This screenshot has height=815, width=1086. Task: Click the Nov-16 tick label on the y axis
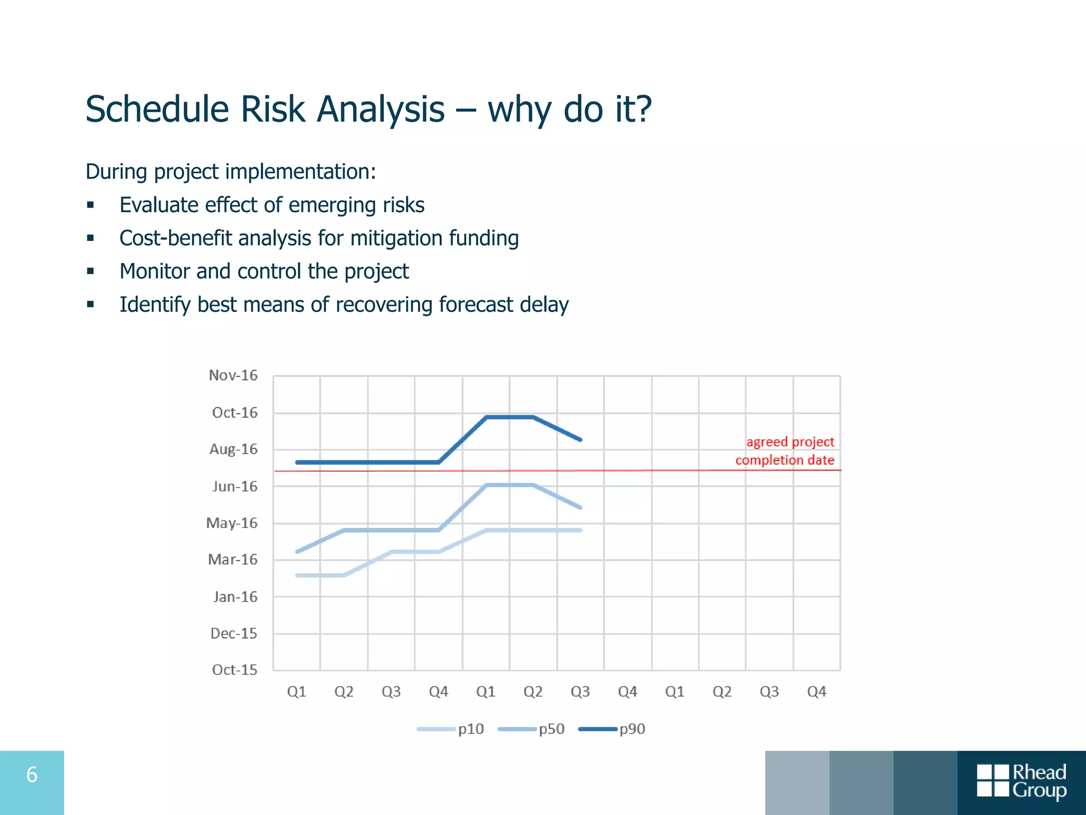coord(233,375)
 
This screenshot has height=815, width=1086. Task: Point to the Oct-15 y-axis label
coord(234,670)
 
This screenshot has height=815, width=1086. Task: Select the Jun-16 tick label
coord(234,486)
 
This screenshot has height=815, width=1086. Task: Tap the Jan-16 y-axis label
coord(235,597)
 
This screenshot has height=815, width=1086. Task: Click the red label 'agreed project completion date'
coord(785,451)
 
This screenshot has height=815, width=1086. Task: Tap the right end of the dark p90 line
coord(581,439)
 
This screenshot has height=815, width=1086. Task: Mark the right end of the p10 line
coord(581,530)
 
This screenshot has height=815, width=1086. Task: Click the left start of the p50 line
coord(297,552)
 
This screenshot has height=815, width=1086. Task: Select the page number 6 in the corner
coord(32,775)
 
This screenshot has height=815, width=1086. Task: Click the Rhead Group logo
coord(1021,781)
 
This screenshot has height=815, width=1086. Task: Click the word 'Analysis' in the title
coord(381,109)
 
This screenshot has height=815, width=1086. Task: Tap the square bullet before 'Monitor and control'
coord(91,271)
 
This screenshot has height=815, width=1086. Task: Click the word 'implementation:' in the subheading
coord(300,171)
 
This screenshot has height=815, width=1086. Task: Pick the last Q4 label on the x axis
coord(816,691)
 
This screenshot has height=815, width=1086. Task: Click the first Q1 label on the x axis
coord(296,691)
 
